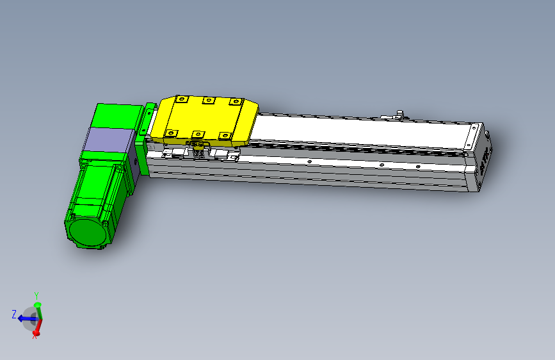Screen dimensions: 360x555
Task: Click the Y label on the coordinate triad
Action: (x=36, y=295)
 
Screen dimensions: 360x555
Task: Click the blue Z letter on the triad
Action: (x=13, y=314)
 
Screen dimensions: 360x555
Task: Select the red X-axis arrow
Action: (x=36, y=329)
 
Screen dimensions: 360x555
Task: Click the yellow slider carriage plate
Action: (x=205, y=119)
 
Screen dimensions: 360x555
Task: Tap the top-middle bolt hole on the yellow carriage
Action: (x=207, y=100)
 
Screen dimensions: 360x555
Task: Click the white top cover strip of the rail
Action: (x=358, y=132)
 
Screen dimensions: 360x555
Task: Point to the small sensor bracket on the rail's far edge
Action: (x=401, y=115)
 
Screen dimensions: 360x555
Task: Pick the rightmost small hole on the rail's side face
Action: (x=418, y=167)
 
